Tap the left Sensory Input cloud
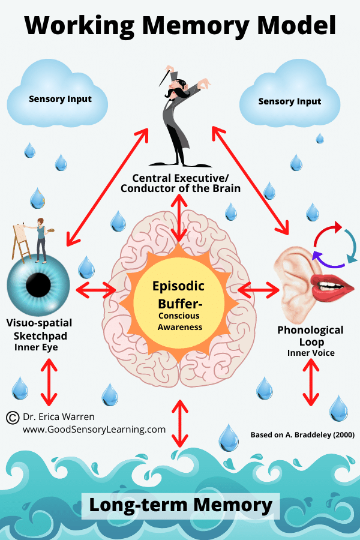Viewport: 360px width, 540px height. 61,98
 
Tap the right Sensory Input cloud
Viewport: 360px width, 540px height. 290,101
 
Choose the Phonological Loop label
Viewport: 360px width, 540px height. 310,335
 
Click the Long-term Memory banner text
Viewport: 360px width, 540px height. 180,505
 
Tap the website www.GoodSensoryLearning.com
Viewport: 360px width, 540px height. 94,430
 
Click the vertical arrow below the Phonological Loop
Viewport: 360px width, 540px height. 310,383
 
